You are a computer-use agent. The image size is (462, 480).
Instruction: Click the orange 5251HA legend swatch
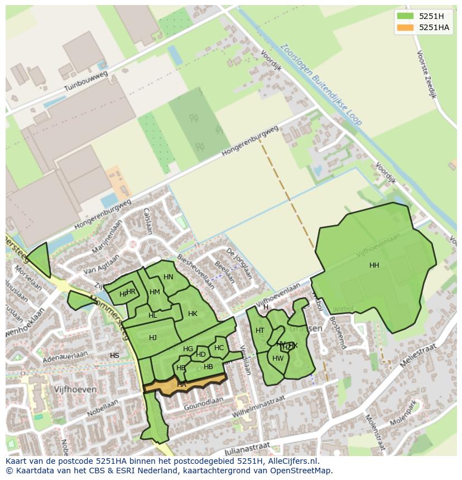[x=405, y=27]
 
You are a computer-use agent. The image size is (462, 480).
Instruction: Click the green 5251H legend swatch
[x=405, y=16]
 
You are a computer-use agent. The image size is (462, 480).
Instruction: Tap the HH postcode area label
[x=374, y=265]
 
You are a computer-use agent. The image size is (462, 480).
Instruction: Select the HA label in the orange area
[x=181, y=385]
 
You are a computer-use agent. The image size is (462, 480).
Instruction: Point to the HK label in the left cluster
[x=192, y=314]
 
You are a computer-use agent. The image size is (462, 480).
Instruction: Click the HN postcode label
[x=169, y=277]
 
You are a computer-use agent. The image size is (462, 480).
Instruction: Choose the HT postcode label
[x=260, y=331]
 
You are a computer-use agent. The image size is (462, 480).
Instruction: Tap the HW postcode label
[x=278, y=358]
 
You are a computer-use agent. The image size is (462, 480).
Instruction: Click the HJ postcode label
[x=153, y=338]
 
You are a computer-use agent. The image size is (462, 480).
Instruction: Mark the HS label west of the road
[x=114, y=356]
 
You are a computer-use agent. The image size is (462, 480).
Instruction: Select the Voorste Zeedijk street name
[x=426, y=74]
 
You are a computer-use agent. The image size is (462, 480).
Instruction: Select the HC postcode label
[x=219, y=348]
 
